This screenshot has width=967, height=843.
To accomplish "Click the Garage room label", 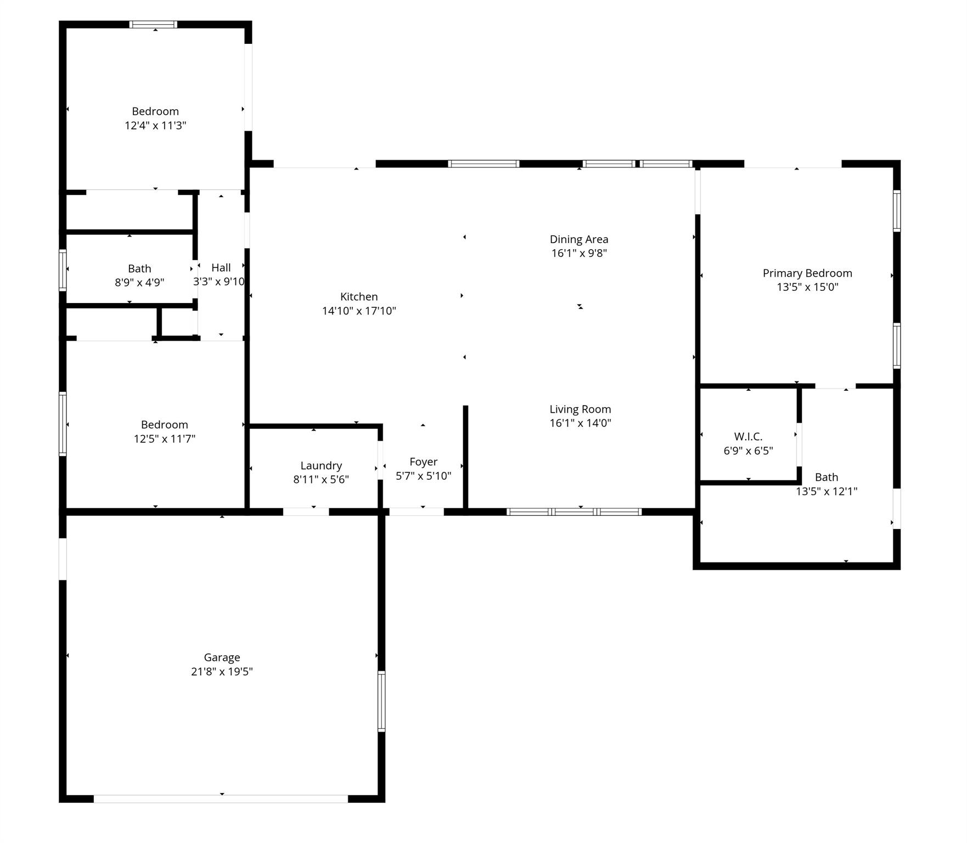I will tap(222, 657).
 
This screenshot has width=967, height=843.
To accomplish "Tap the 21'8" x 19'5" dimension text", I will tap(222, 671).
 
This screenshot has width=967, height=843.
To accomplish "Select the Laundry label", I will tap(321, 465).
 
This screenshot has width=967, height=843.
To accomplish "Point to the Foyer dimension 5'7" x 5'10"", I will tap(423, 476).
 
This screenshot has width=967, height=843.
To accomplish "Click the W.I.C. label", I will tap(748, 436).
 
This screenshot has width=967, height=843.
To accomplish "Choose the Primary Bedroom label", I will tap(807, 273).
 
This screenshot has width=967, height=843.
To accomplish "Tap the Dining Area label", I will tap(579, 239).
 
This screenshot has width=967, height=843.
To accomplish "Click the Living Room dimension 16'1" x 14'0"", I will tap(580, 423).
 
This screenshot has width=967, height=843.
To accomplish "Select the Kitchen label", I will tap(359, 296).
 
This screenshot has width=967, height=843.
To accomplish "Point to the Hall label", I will tap(221, 267).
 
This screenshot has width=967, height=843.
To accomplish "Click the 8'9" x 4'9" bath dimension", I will tap(139, 283).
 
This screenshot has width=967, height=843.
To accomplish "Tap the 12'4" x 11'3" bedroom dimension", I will tap(155, 125).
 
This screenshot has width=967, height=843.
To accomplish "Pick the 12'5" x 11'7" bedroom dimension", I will tap(165, 439).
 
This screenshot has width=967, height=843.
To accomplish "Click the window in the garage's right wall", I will tap(381, 701).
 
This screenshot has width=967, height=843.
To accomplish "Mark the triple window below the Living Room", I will tap(574, 512).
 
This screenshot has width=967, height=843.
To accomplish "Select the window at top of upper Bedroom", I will tap(153, 24).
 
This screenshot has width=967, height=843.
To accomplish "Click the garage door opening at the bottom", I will tap(221, 799).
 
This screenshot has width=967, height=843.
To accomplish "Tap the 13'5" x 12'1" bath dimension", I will tap(827, 491).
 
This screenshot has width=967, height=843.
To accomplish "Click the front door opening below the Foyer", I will tap(417, 512).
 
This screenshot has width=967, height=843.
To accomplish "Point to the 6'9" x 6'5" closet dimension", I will tap(748, 451).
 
